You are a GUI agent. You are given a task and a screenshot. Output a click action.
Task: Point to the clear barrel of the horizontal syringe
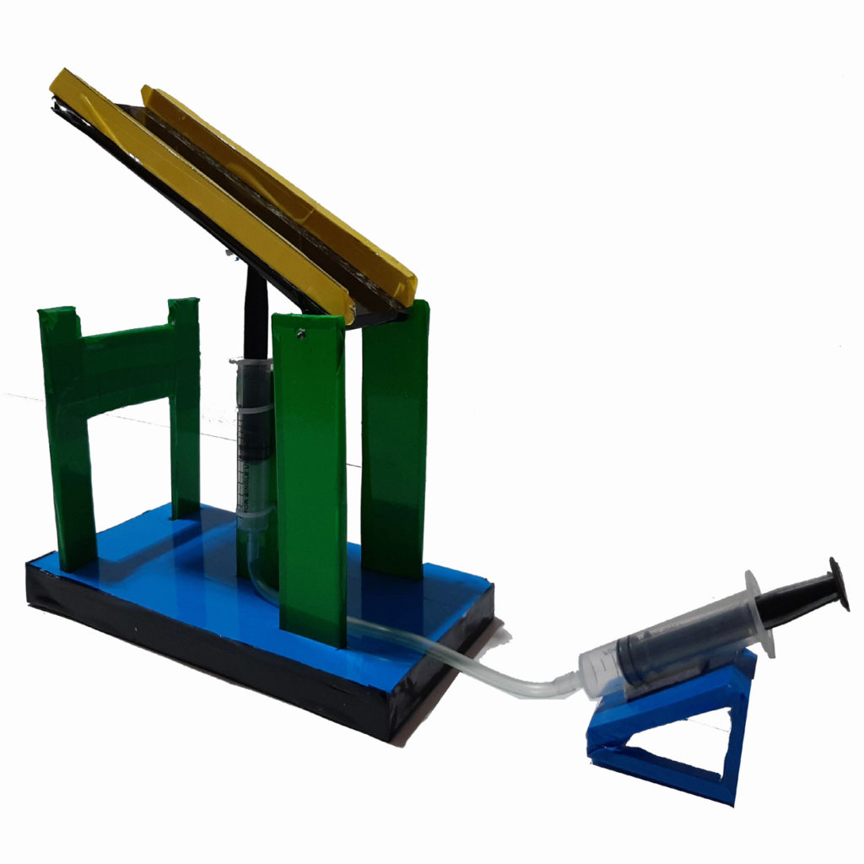(667, 650)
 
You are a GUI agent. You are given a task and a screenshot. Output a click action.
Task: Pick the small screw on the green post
(300, 334)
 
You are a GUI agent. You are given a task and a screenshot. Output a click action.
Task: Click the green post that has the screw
(310, 472)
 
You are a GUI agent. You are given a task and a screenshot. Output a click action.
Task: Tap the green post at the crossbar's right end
(185, 405)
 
